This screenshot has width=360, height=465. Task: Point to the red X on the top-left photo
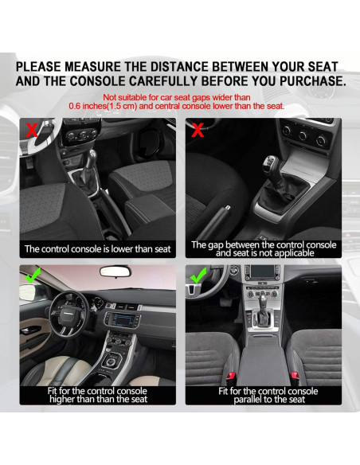32,128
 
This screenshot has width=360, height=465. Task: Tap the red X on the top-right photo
195,129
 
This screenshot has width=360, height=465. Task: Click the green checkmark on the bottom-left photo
32,275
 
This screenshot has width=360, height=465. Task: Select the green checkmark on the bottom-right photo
196,276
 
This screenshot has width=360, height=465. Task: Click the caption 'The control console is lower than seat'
98,248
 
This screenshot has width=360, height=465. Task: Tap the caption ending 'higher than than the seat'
98,396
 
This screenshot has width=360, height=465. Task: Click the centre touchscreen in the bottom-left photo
122,318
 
